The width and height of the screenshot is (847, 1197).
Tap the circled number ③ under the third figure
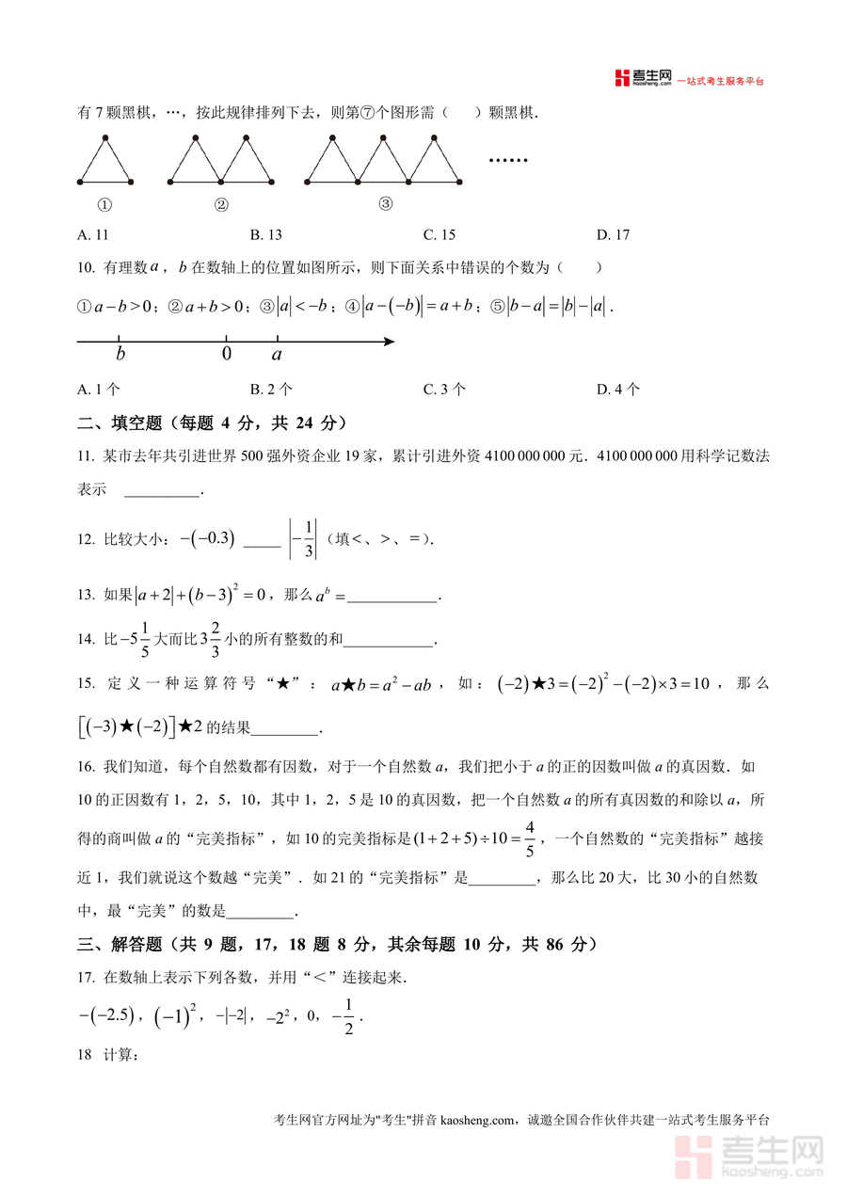[x=385, y=203]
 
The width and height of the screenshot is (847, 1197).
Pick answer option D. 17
[x=613, y=235]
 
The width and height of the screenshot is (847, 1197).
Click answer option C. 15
[x=439, y=235]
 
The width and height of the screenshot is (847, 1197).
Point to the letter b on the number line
[x=120, y=355]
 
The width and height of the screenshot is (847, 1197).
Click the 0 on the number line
[x=226, y=355]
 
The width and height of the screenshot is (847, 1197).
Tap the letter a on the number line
[x=277, y=355]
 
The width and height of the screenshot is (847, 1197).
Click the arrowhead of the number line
[x=388, y=342]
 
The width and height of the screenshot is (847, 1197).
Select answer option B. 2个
[x=271, y=389]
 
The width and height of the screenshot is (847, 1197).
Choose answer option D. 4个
[x=618, y=389]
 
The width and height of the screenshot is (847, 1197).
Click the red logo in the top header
[x=620, y=78]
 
